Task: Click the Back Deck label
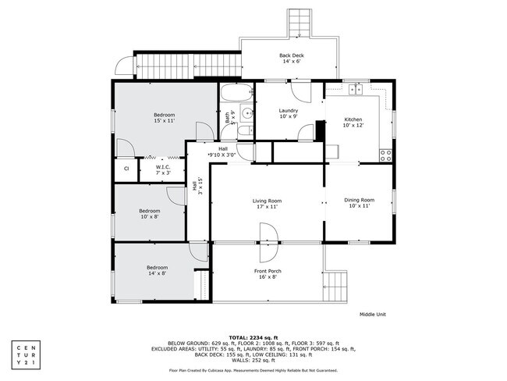click(291, 58)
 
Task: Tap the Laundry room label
click(289, 113)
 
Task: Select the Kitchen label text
click(353, 122)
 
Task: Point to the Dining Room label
click(360, 203)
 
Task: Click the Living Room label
click(266, 203)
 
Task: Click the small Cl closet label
click(126, 169)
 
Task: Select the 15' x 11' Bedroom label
click(164, 118)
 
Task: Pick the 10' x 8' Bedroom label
click(150, 213)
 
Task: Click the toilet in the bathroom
click(246, 130)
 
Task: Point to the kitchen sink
click(357, 89)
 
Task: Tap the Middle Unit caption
click(372, 315)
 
